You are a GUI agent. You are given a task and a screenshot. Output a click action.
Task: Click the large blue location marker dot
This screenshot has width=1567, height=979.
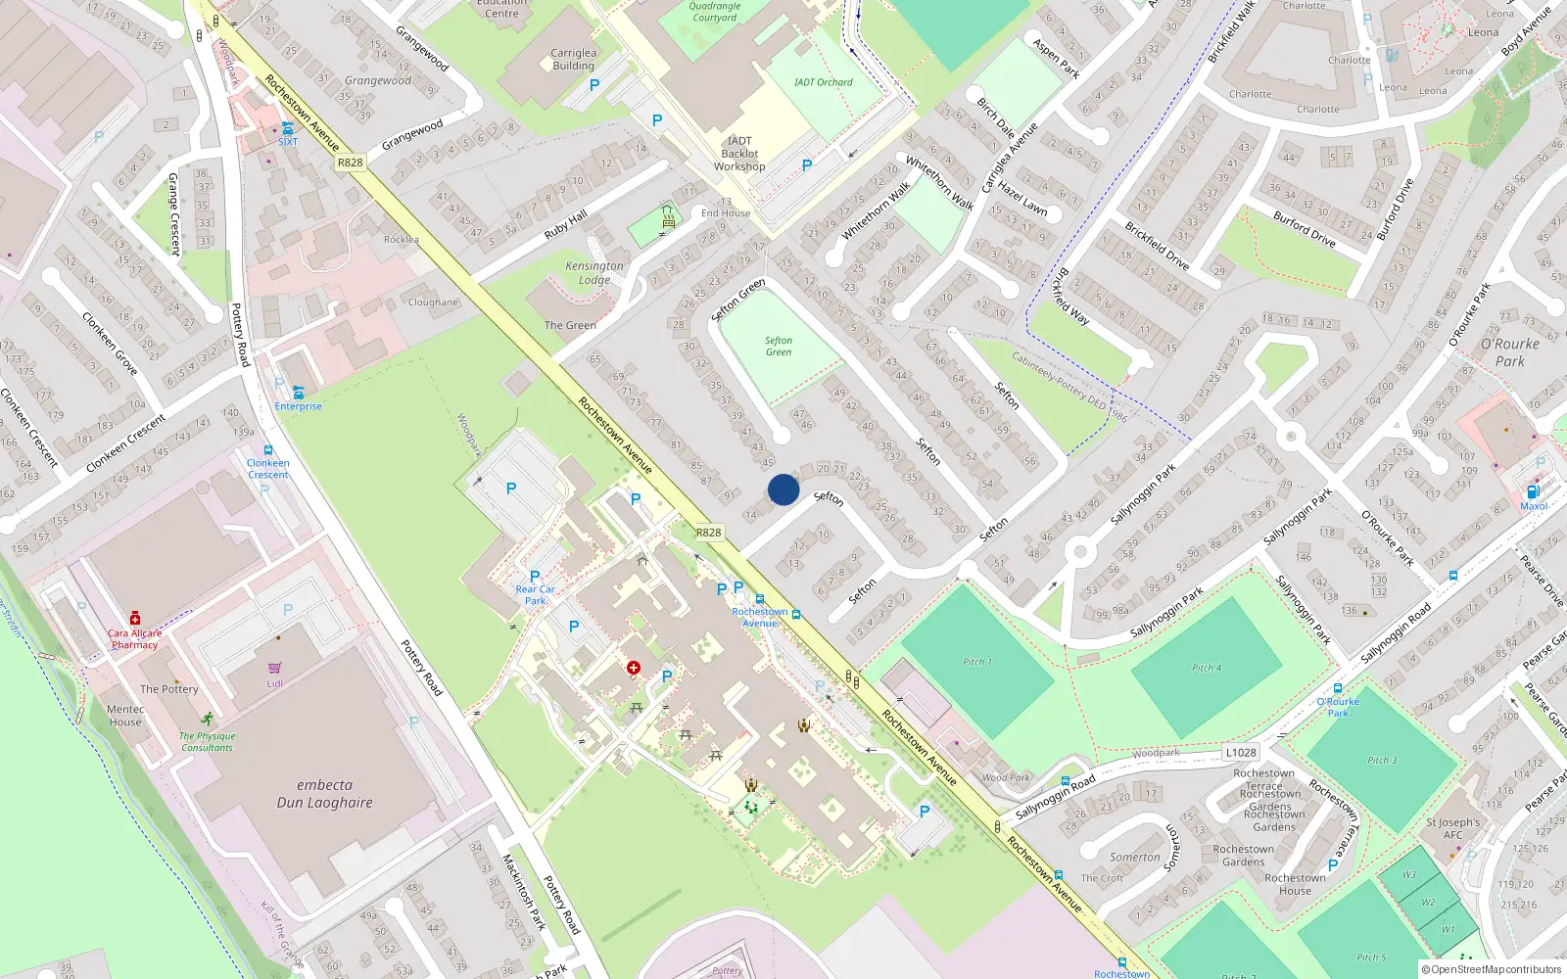pos(783,489)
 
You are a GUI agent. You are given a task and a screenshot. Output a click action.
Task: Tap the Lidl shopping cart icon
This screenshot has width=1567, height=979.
pos(275,668)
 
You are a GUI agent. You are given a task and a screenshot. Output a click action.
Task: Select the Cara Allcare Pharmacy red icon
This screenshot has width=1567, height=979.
pos(135,619)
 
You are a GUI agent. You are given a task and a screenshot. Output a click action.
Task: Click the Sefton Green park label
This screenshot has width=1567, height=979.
pos(779,347)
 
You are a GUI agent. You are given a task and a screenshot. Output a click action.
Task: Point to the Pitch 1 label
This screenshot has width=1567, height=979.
pos(976,662)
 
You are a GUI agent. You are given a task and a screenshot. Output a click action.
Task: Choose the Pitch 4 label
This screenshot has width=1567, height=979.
pos(1207,668)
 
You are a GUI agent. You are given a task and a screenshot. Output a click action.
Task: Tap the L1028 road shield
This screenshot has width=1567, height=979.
pos(1240,753)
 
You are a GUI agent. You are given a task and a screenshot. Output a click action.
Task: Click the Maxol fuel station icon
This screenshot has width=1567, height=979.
pos(1534,491)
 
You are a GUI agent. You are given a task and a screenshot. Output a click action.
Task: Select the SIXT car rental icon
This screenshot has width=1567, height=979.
pos(287,128)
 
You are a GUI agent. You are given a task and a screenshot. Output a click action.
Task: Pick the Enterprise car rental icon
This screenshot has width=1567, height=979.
pos(298,393)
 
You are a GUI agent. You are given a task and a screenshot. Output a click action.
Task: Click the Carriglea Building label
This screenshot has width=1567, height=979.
pos(573,60)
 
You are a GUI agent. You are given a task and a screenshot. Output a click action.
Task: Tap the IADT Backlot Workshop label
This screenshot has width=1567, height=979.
pos(739,154)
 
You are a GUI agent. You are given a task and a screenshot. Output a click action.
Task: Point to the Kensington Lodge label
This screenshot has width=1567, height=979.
pos(594,272)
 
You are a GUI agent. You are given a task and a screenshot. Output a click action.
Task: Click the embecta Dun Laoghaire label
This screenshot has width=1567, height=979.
pos(324,794)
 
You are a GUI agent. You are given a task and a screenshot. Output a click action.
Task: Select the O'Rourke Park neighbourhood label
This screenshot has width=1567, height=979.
pos(1509,352)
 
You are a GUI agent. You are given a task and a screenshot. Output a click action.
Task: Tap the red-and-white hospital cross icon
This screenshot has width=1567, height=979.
pos(634,668)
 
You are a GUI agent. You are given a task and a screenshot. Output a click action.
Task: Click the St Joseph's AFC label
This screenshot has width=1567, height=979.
pos(1452,828)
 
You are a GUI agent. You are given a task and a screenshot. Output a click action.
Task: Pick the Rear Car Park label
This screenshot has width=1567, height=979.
pos(535,594)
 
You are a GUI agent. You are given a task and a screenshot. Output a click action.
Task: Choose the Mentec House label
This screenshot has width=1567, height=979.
pos(125,716)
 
